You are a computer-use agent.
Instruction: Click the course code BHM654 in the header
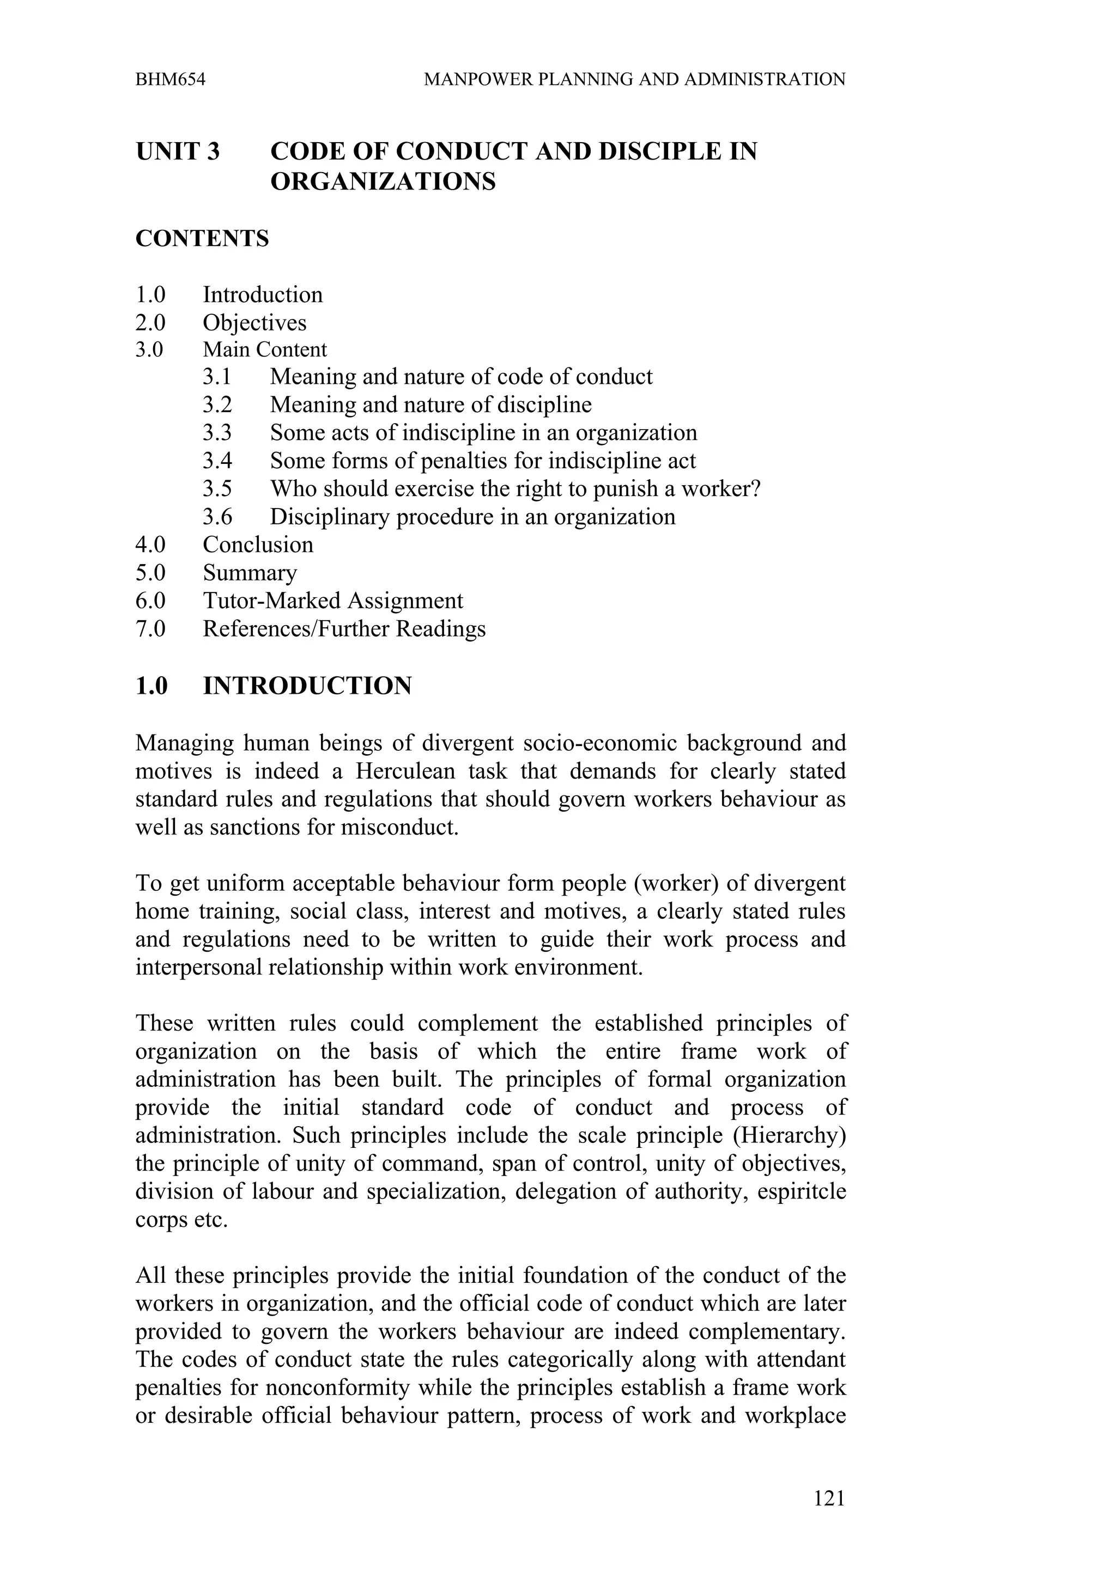(x=171, y=79)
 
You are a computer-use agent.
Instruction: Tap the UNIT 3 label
(x=178, y=151)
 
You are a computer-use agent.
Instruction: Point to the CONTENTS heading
(x=202, y=238)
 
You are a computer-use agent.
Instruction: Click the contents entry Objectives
(x=254, y=322)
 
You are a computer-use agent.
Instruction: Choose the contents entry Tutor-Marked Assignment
(x=333, y=601)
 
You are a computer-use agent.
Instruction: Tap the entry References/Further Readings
(x=344, y=629)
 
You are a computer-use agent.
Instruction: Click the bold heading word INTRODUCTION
(x=307, y=686)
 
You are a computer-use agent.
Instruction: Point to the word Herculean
(x=405, y=771)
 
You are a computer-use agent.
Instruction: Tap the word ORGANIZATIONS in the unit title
(x=383, y=182)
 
